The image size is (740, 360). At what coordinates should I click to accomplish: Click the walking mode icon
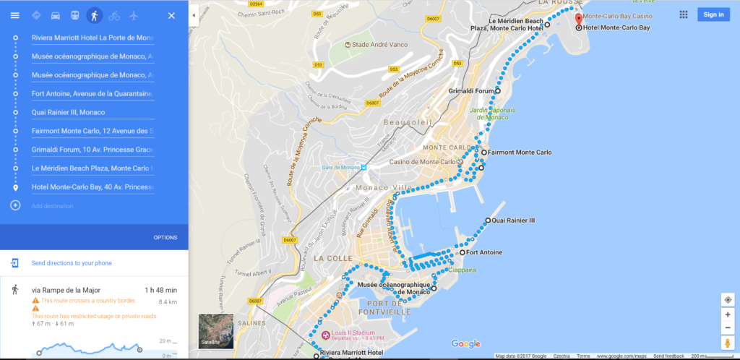(94, 15)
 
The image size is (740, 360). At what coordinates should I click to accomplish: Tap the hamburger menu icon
(14, 15)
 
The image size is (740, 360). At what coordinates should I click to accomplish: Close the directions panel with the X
(171, 15)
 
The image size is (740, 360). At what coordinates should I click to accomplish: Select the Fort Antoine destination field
(92, 93)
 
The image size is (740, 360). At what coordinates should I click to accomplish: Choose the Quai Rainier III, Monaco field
(92, 112)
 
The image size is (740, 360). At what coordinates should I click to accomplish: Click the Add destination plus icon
(15, 206)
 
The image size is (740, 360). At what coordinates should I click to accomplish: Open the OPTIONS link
(165, 238)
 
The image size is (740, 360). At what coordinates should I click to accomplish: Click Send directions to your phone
(71, 263)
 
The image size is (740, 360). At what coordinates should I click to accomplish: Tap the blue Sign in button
(713, 14)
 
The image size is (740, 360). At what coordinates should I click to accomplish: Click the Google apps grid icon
(684, 14)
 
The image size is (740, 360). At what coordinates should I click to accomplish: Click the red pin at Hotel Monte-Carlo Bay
(579, 17)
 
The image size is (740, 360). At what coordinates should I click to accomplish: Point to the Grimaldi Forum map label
(471, 92)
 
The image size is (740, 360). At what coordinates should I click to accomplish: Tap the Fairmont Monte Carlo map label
(519, 153)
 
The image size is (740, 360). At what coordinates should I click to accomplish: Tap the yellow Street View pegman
(728, 343)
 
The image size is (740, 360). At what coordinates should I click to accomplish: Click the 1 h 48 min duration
(160, 291)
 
